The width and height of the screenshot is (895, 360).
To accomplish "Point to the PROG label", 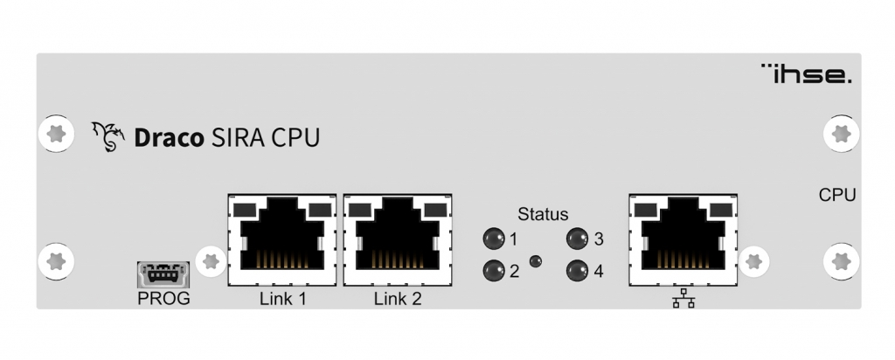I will pyautogui.click(x=164, y=300).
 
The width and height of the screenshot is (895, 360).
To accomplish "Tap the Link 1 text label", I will pyautogui.click(x=281, y=300).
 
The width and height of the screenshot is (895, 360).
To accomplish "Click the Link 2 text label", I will pyautogui.click(x=398, y=300).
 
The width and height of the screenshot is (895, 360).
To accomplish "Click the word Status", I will pyautogui.click(x=543, y=213).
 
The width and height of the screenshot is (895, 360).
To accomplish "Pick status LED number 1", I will pyautogui.click(x=494, y=239).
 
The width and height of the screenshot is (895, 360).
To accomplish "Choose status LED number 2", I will pyautogui.click(x=494, y=271).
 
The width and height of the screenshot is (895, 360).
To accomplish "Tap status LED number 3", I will pyautogui.click(x=577, y=239).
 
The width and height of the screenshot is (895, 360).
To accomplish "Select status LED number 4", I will pyautogui.click(x=577, y=271).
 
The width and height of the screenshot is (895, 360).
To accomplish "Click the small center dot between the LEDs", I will pyautogui.click(x=536, y=260).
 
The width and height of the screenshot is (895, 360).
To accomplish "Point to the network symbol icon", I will pyautogui.click(x=683, y=300).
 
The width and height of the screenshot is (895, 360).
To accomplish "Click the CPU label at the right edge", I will pyautogui.click(x=837, y=195).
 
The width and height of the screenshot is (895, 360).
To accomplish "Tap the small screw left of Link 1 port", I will pyautogui.click(x=209, y=260).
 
